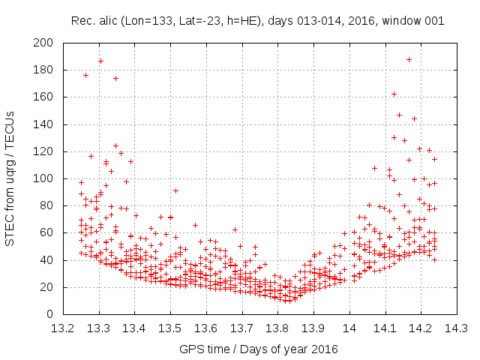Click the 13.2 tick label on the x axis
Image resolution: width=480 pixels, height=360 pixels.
[63, 328]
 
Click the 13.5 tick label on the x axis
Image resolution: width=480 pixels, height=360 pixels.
[170, 328]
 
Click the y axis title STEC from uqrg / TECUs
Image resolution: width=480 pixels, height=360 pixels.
[11, 178]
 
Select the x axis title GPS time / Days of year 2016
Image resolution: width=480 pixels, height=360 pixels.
[259, 349]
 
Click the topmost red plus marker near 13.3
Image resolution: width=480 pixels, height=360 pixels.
[100, 61]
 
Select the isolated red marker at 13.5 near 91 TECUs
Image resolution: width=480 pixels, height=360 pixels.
[175, 190]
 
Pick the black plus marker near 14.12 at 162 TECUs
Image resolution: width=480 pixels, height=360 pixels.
[394, 94]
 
